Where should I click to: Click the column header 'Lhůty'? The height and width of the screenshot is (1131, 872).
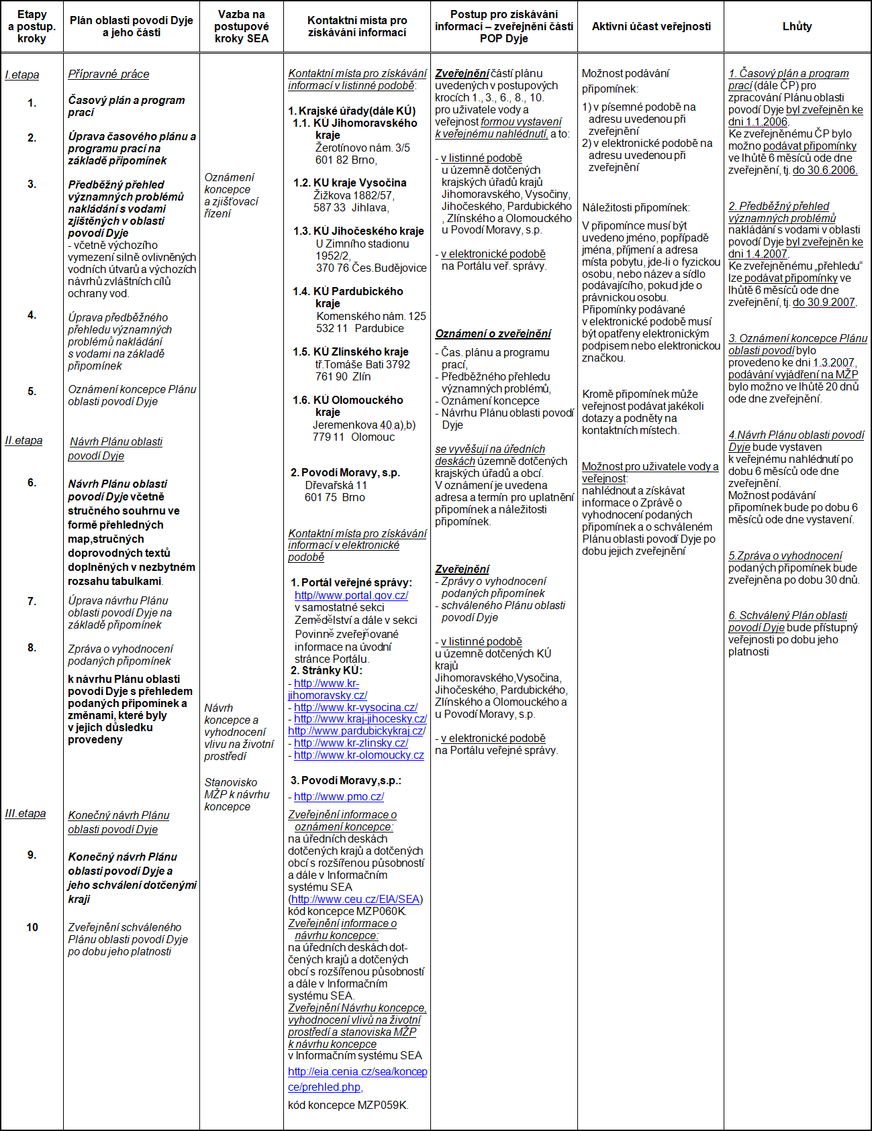(797, 26)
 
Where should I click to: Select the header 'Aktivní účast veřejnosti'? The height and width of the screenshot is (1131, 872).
(650, 26)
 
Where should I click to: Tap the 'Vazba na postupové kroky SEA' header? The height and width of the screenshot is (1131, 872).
(241, 26)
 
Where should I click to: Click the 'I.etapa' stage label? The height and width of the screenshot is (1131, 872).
(22, 74)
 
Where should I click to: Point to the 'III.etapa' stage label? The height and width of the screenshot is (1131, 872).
(26, 813)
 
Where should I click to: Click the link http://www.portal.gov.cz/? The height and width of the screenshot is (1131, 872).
(351, 595)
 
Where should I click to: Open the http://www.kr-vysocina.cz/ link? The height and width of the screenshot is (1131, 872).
(356, 707)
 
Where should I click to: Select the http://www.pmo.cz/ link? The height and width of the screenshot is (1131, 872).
(339, 796)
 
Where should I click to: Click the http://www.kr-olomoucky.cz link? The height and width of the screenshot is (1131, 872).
(359, 755)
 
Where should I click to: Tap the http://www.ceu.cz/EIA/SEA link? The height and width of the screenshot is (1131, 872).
(355, 899)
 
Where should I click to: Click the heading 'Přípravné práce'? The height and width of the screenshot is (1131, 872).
(109, 74)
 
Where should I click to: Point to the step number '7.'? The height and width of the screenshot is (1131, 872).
(32, 601)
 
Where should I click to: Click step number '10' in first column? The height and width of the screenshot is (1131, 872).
(32, 927)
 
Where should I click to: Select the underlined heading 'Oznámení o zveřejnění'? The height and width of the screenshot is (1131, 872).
(493, 333)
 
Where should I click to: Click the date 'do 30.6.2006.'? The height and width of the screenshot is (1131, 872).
(825, 170)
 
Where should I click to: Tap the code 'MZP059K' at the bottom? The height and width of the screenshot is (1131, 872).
(381, 1105)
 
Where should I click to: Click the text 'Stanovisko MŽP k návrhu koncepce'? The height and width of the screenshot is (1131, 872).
(237, 794)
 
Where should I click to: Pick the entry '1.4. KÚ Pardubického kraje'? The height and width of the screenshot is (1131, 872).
(348, 297)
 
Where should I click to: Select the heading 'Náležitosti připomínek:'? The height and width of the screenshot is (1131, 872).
(636, 207)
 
